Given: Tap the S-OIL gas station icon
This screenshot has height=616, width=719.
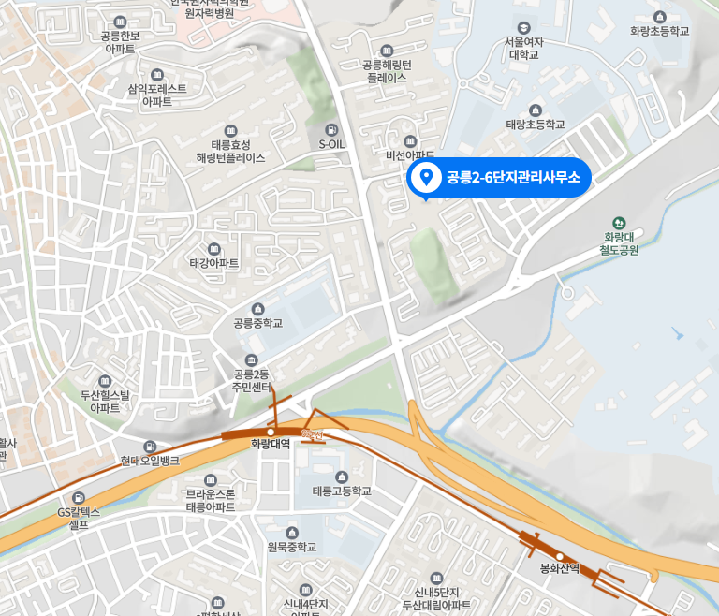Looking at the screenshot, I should coord(330,129).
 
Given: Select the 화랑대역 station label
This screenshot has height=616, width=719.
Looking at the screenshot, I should coord(271,444).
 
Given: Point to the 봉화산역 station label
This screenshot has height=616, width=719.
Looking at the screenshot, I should coord(561,568).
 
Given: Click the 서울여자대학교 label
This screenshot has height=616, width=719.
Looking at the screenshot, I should coord(523,48).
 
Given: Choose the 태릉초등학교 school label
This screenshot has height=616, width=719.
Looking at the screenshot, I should coord(536,124).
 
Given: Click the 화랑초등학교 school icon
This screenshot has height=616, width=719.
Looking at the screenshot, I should coord(660,17).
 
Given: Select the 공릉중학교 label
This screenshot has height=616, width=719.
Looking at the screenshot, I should coord(258,324).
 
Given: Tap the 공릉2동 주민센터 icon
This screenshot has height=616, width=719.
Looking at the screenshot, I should coord(251,361).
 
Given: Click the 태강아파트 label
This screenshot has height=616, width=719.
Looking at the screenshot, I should coord(214,264).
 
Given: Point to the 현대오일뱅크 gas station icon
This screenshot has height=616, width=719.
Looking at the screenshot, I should coord(150,447).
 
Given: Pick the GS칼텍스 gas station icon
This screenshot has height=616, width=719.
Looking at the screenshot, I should coord(79,496).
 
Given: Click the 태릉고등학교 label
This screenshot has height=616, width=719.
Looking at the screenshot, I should coord(341,491).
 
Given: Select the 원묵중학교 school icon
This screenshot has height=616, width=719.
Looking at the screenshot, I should coord(291,532).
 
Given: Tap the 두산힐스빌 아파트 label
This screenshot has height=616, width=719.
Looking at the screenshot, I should coord(105,401).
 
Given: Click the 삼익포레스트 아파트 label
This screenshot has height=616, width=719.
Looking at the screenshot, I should coord(156,95).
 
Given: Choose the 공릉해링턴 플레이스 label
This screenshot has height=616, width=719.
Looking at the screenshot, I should coord(388,71).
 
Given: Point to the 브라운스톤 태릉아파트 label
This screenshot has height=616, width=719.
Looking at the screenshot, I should coord(210,500).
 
